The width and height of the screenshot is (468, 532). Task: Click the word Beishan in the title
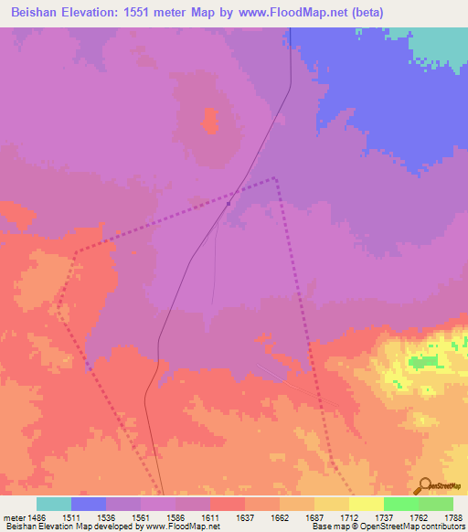(39, 12)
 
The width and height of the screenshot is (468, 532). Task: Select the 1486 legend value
(34, 517)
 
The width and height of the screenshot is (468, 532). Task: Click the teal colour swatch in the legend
(53, 504)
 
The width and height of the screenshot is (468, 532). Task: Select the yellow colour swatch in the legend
(366, 504)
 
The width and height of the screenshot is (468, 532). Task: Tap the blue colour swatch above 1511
(88, 504)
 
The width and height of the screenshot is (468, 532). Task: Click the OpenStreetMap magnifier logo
(424, 484)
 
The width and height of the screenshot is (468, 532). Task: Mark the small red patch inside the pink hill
(210, 120)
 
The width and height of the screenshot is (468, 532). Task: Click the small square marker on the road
(228, 204)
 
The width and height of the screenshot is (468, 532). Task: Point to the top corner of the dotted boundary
(274, 179)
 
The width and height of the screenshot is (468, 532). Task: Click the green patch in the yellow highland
(422, 362)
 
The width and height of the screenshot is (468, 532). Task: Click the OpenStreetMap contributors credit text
(411, 527)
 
